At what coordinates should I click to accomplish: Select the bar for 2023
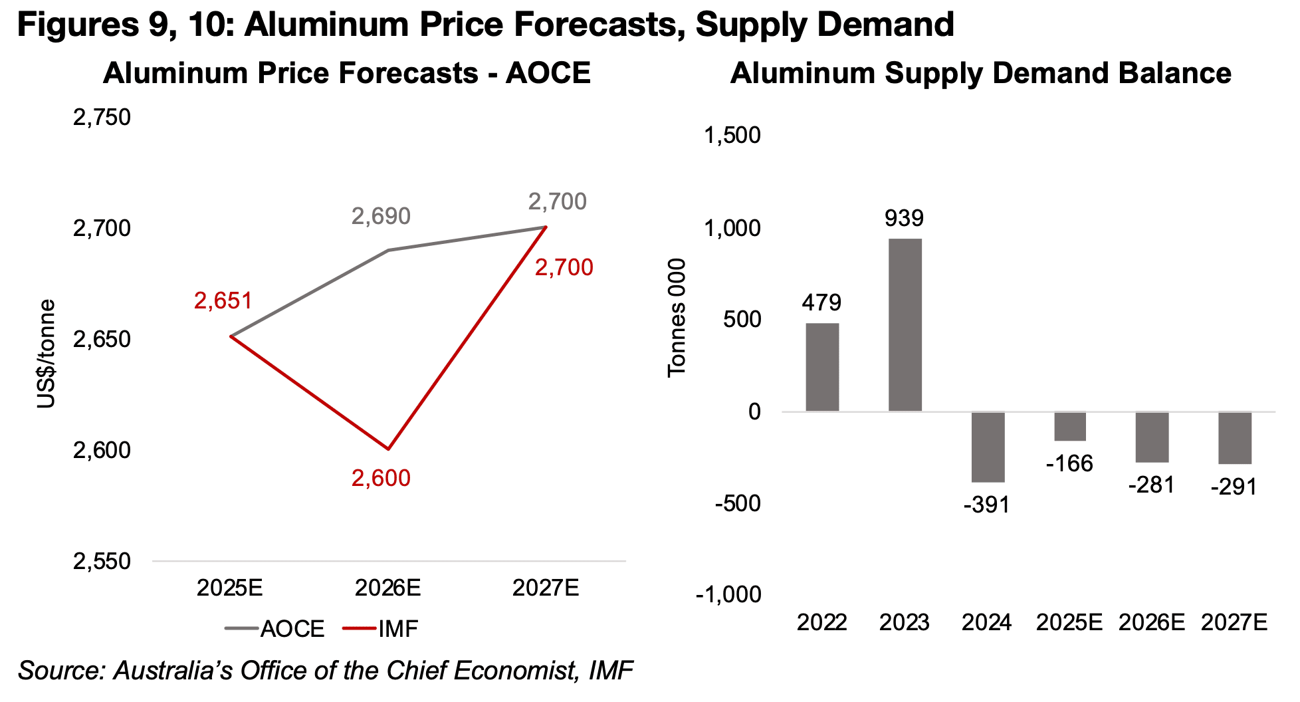click(905, 324)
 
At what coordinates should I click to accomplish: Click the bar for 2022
click(822, 367)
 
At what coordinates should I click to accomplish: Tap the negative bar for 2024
click(988, 447)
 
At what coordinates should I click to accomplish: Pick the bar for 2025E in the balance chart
click(1070, 427)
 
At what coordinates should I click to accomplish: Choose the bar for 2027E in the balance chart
click(1235, 438)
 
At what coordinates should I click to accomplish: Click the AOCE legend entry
click(275, 629)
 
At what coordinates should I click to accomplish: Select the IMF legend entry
click(381, 629)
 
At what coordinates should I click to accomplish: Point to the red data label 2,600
click(381, 478)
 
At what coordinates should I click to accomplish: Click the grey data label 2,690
click(381, 216)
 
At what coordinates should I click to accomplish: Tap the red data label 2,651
click(223, 301)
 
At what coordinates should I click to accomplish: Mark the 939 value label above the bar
click(904, 218)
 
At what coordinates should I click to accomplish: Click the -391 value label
click(986, 505)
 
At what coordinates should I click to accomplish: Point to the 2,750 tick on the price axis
click(102, 118)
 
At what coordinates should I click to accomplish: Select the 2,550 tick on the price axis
click(102, 562)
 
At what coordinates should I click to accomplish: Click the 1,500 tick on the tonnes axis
click(732, 136)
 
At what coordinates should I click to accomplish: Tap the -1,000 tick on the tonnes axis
click(728, 594)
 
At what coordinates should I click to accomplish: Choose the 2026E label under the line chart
click(387, 588)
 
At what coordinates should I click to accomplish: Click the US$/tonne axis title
click(46, 354)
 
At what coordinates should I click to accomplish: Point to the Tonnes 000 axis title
click(677, 318)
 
